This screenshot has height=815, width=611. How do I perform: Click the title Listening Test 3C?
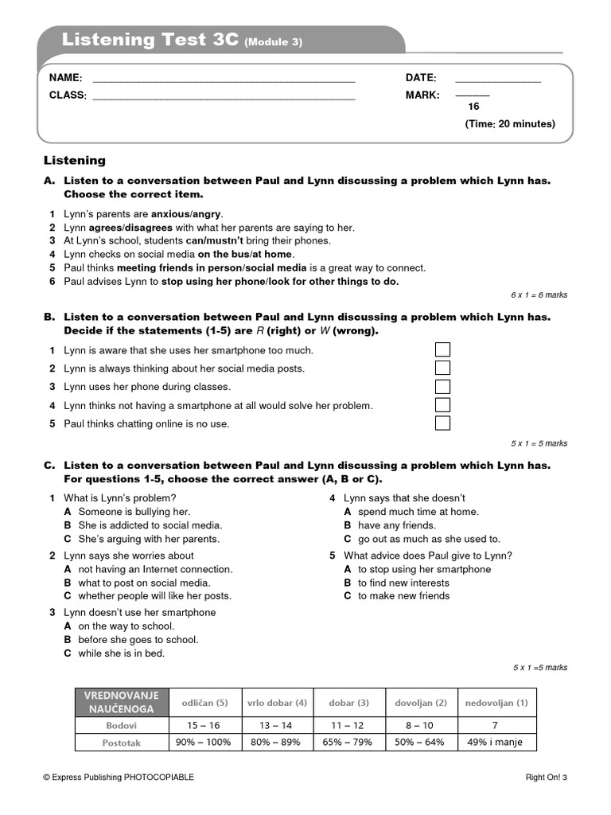tap(150, 40)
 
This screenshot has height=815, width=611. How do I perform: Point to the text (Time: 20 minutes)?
tap(510, 124)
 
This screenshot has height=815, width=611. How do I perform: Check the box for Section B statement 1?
tap(442, 349)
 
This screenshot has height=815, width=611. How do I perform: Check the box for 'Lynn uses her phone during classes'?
tap(442, 387)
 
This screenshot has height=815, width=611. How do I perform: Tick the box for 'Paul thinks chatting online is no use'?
tap(442, 423)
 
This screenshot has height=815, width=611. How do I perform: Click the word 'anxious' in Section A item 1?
tap(169, 214)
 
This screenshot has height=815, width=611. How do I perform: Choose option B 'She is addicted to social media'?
tap(150, 525)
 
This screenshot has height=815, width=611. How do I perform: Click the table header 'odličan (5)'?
tap(204, 703)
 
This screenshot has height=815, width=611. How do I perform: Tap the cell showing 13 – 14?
tap(277, 726)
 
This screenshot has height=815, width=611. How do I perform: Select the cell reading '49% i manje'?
tap(496, 743)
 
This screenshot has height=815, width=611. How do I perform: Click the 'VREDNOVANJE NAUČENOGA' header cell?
tap(122, 702)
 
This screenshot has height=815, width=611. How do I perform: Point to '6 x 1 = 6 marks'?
tap(539, 295)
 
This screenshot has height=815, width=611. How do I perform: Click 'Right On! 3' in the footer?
tap(546, 778)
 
